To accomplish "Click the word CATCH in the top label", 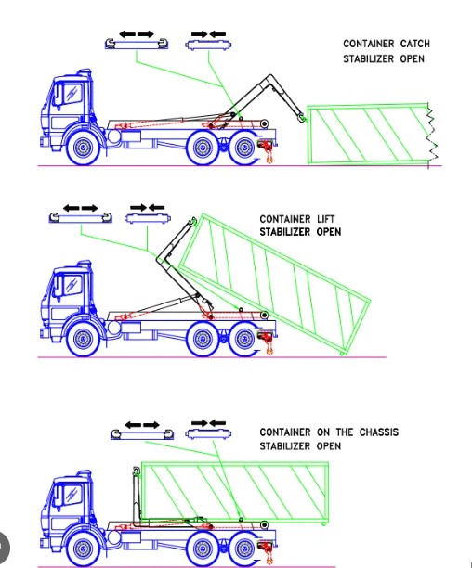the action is [x=415, y=44].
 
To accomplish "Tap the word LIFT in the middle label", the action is [x=326, y=219].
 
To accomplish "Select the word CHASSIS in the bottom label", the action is [x=379, y=432].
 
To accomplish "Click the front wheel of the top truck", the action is [x=84, y=148].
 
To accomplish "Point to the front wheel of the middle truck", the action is [x=84, y=339].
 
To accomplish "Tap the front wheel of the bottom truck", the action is [x=84, y=549].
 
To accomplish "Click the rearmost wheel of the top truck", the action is [x=244, y=148].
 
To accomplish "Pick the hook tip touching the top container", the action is [x=301, y=117].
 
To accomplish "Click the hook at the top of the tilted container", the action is [x=193, y=221].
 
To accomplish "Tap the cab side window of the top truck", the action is [x=72, y=93].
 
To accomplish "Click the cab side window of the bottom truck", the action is [x=72, y=494].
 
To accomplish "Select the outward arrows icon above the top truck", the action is [x=137, y=34].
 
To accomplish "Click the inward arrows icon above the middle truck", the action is [x=147, y=208].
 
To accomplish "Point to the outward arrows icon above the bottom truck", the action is [x=142, y=425].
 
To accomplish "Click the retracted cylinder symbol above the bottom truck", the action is [x=208, y=433].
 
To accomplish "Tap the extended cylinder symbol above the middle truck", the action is [x=81, y=218].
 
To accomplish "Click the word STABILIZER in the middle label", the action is [x=285, y=232].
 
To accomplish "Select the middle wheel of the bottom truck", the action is [x=203, y=549].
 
